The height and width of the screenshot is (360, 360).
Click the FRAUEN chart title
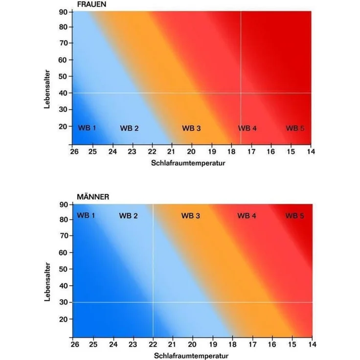[x=91, y=4]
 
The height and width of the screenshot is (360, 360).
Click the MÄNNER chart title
[x=93, y=197]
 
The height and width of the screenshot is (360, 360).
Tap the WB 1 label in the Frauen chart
[x=87, y=128]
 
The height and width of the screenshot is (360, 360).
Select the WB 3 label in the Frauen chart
[x=191, y=128]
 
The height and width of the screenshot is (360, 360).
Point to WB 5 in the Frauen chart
[x=295, y=128]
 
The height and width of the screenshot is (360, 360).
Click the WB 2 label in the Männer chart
[x=128, y=216]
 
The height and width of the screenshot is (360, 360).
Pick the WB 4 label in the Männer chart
[x=247, y=216]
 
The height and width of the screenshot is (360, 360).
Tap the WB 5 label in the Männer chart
[x=294, y=216]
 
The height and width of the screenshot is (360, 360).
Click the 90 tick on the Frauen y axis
[x=63, y=12]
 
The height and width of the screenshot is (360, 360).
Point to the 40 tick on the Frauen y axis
[x=63, y=93]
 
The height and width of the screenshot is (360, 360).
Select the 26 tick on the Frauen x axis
[x=74, y=152]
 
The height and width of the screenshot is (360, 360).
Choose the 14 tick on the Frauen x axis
[x=311, y=152]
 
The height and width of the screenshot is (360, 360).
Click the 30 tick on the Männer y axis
[x=64, y=302]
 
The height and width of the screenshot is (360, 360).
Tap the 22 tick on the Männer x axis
[x=153, y=344]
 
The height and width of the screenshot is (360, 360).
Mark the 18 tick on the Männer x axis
[x=232, y=344]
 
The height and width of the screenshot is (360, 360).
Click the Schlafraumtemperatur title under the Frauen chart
[x=188, y=163]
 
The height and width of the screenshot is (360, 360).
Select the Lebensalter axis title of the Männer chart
[x=47, y=282]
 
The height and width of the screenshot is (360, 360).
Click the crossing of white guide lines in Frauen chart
[x=241, y=93]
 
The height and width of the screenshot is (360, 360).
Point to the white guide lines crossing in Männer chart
[x=153, y=302]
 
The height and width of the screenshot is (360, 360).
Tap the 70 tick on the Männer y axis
[x=64, y=236]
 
